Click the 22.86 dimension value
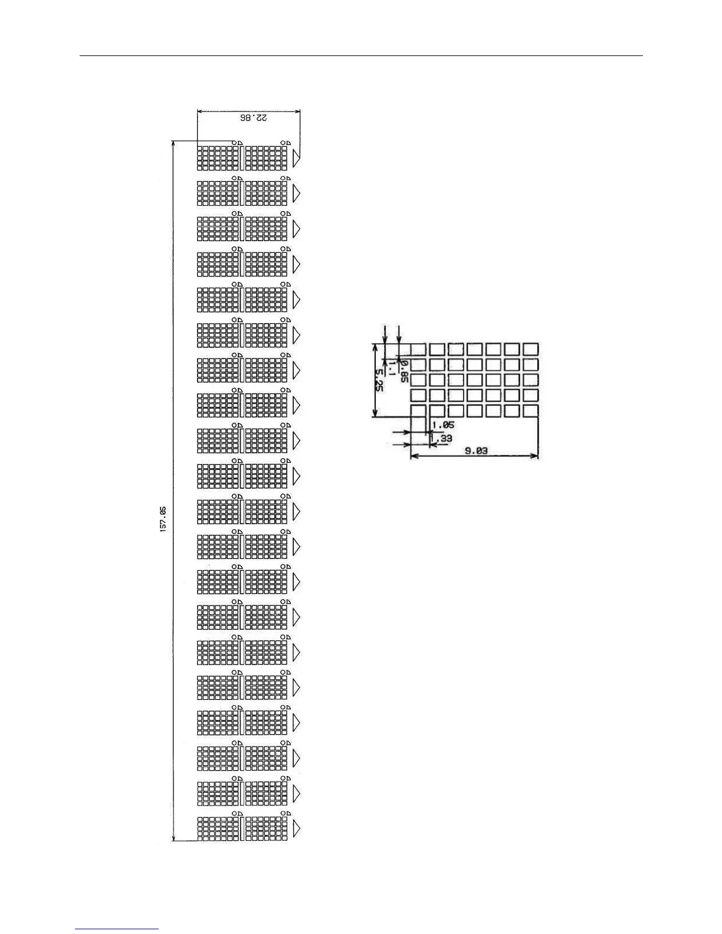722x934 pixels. pos(254,118)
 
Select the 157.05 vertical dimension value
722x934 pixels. pos(163,519)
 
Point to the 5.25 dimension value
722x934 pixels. pos(379,380)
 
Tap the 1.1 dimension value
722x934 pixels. pos(391,369)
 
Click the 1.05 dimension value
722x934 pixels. pos(443,425)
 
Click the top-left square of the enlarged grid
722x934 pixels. pos(418,349)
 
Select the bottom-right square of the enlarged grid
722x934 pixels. pos(530,411)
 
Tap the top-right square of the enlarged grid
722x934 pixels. pos(530,349)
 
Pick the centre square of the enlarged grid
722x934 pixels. pos(474,380)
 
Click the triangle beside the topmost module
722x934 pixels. pos(297,157)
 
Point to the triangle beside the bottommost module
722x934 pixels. pos(297,828)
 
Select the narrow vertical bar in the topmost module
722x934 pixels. pos(242,157)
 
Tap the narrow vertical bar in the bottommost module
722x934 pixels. pos(242,828)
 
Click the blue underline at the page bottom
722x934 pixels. pos(117,929)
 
